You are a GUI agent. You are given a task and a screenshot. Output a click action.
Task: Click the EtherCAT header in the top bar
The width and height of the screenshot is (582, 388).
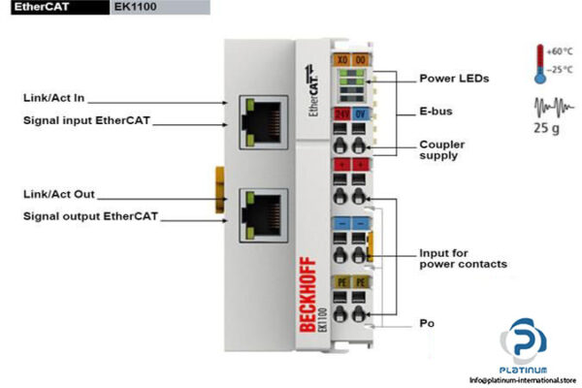click(35, 8)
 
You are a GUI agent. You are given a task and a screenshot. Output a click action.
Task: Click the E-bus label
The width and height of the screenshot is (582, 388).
click(436, 112)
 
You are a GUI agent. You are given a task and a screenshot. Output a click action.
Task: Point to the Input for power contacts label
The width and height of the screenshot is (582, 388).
click(463, 258)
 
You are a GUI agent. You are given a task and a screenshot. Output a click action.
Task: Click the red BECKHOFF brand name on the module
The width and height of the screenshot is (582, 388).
click(307, 302)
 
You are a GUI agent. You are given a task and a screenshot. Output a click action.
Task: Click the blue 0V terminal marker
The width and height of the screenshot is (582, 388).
click(360, 113)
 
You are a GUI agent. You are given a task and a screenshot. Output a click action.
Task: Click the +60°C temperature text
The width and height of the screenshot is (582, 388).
click(562, 50)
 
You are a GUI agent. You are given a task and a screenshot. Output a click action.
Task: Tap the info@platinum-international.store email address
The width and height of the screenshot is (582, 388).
click(522, 380)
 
